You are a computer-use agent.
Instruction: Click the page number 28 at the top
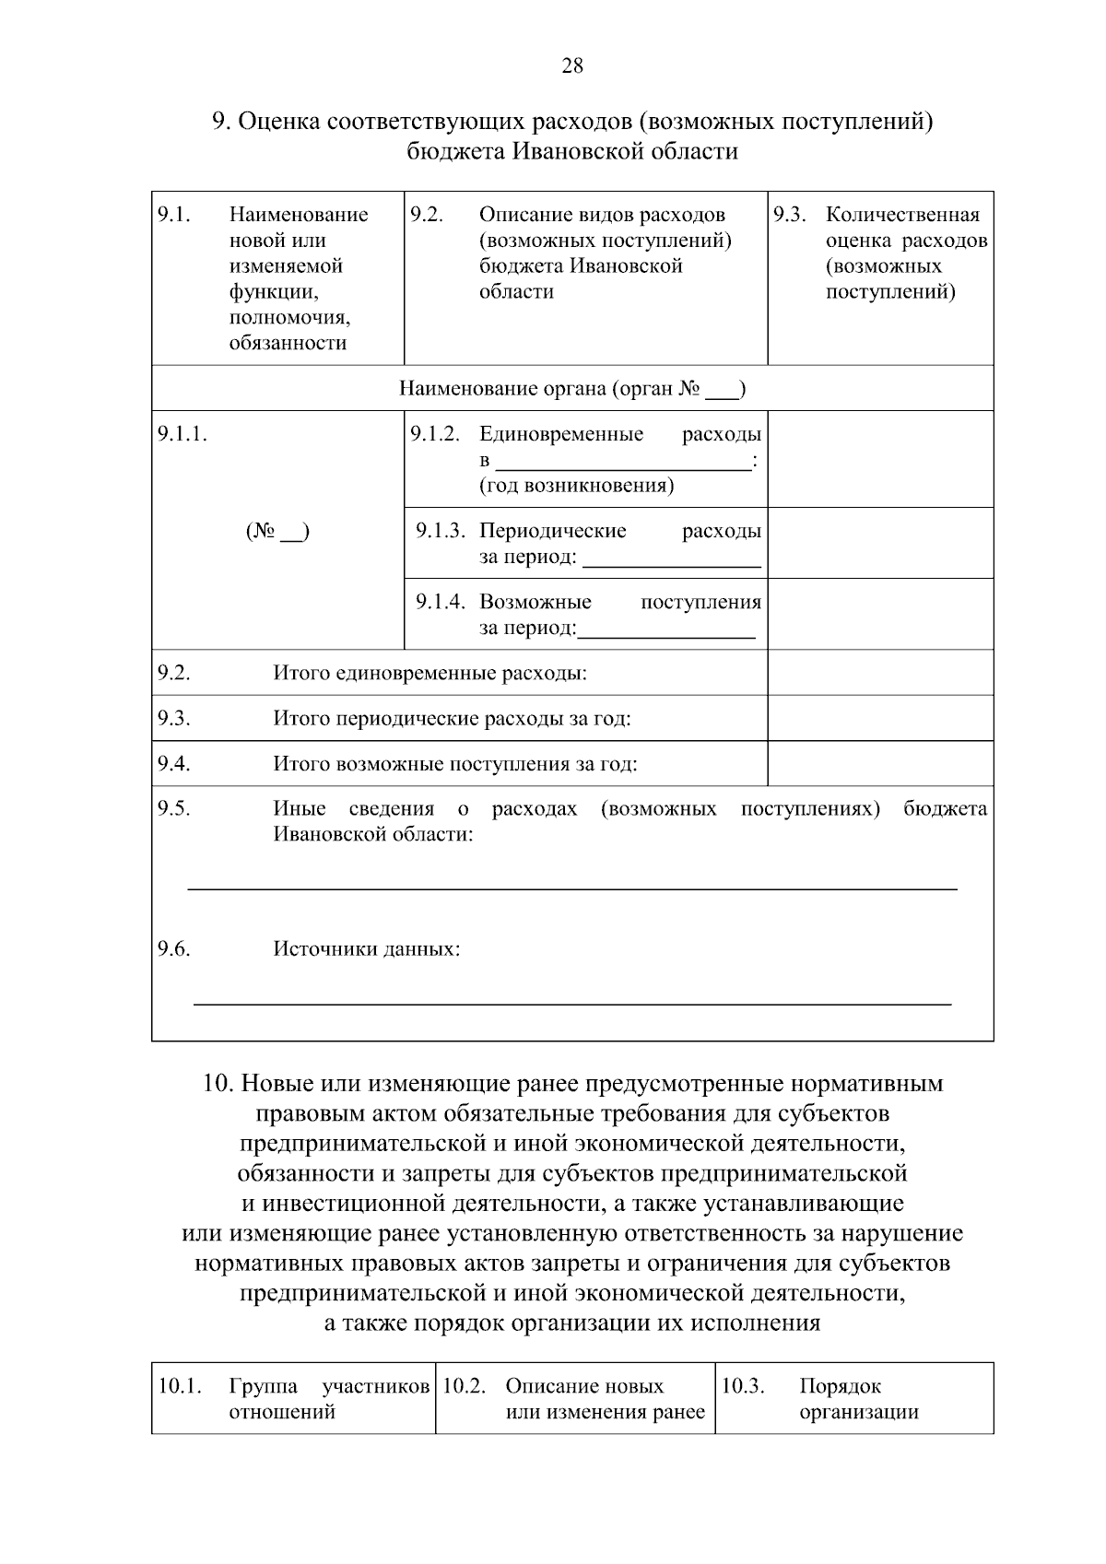click(571, 66)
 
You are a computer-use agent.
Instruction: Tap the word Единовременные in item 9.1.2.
click(561, 434)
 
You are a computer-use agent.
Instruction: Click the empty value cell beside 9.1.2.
click(880, 459)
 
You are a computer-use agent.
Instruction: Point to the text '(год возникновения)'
click(576, 486)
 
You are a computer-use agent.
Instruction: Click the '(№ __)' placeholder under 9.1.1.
click(277, 532)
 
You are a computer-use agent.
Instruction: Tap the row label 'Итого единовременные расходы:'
click(429, 673)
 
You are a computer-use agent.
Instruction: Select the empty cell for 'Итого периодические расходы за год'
click(880, 718)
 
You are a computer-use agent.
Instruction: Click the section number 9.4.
click(173, 763)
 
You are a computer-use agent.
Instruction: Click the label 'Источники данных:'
click(367, 949)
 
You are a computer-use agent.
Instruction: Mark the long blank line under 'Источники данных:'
click(571, 1003)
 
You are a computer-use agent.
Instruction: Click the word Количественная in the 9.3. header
click(902, 215)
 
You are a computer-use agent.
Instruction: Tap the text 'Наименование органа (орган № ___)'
click(572, 388)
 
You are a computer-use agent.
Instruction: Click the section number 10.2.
click(464, 1386)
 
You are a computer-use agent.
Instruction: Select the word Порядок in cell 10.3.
click(840, 1386)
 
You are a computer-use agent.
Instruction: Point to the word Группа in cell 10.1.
click(263, 1386)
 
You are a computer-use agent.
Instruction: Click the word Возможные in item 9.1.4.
click(535, 603)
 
